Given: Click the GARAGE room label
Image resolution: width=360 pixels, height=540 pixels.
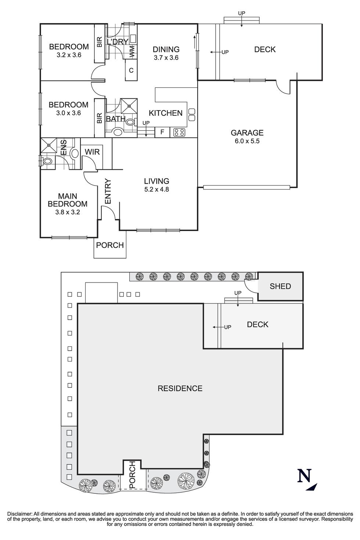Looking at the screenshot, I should (x=247, y=133).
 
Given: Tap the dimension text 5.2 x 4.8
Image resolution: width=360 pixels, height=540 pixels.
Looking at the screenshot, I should (x=156, y=190).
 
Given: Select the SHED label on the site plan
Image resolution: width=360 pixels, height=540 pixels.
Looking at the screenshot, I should (x=280, y=286).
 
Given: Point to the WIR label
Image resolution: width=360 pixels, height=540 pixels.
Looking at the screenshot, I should (x=92, y=152).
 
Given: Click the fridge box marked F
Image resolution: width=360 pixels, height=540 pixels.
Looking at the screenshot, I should (x=162, y=132).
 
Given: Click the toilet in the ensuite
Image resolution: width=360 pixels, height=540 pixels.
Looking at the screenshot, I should (x=47, y=161).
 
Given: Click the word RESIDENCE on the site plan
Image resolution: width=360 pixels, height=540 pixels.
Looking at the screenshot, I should (x=180, y=388).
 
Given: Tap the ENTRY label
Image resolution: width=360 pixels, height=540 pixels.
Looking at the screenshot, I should (x=108, y=191).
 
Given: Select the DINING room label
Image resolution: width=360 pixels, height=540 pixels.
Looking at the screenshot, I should (x=166, y=49).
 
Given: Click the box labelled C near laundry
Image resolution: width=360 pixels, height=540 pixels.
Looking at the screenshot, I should (x=131, y=70).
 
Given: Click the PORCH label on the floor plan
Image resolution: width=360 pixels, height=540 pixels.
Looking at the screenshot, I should (x=110, y=245).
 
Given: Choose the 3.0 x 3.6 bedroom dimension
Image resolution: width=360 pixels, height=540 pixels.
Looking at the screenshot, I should (x=68, y=113).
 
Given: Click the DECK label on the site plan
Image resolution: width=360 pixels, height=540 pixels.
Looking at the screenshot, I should (x=258, y=324).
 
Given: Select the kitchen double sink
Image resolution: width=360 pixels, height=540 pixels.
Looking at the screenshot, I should (x=191, y=114).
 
